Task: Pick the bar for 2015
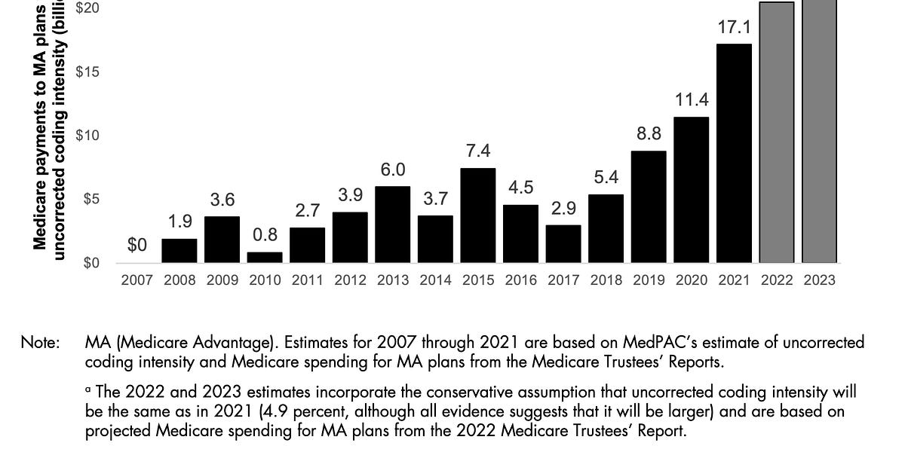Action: coord(478,215)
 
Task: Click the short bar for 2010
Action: coord(265,257)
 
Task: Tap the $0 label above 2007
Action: coord(137,246)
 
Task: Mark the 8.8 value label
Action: coord(649,134)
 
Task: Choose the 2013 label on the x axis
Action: coord(393,280)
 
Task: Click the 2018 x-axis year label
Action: coord(606,280)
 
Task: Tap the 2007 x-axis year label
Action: coord(137,280)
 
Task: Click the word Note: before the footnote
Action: coord(40,343)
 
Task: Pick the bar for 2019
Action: coord(649,207)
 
